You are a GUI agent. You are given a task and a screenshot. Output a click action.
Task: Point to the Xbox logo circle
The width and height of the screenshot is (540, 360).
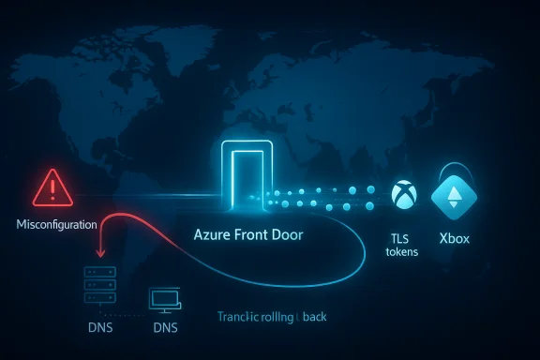coord(401,194)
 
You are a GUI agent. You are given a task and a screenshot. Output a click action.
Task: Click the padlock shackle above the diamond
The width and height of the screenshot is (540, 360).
coord(453,169)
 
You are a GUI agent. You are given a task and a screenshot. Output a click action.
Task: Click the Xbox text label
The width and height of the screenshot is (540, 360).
coord(453,238)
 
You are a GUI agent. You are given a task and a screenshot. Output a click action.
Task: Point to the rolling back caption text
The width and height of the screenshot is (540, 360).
coord(272,317)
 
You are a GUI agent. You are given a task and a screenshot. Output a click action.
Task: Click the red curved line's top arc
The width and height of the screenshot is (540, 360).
coord(141,214)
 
